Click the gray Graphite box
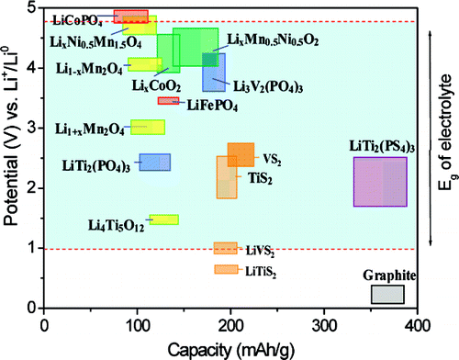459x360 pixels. point(386,294)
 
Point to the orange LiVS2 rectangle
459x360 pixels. point(225,248)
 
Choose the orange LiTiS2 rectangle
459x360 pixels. point(225,269)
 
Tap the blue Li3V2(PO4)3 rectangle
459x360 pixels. point(214,73)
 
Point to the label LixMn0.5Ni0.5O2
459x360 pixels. point(273,40)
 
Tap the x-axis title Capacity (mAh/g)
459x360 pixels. point(230,348)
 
